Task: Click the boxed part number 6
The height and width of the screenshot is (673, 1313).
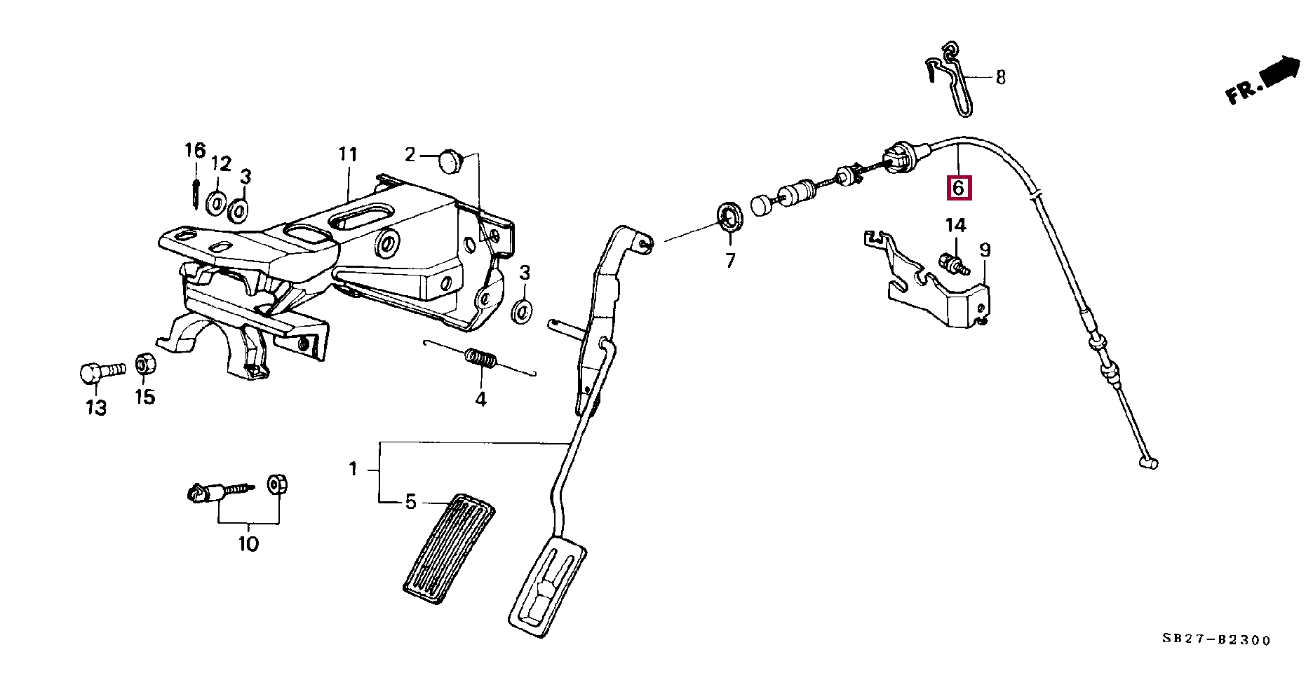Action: (959, 187)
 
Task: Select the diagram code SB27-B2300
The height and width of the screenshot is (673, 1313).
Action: (1216, 640)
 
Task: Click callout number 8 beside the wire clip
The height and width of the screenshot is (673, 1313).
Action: (1000, 77)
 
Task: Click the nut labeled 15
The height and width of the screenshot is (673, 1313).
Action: (144, 363)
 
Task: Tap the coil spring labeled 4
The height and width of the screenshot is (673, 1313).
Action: (481, 360)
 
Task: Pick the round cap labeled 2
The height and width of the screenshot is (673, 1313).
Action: (447, 163)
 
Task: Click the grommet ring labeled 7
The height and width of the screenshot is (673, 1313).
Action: (729, 217)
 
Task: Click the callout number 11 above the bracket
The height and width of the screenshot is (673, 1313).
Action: (348, 154)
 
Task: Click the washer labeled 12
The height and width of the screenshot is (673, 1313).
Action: (216, 203)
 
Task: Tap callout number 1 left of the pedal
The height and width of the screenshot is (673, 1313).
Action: (353, 468)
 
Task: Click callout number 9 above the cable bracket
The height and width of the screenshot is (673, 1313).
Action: (985, 250)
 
